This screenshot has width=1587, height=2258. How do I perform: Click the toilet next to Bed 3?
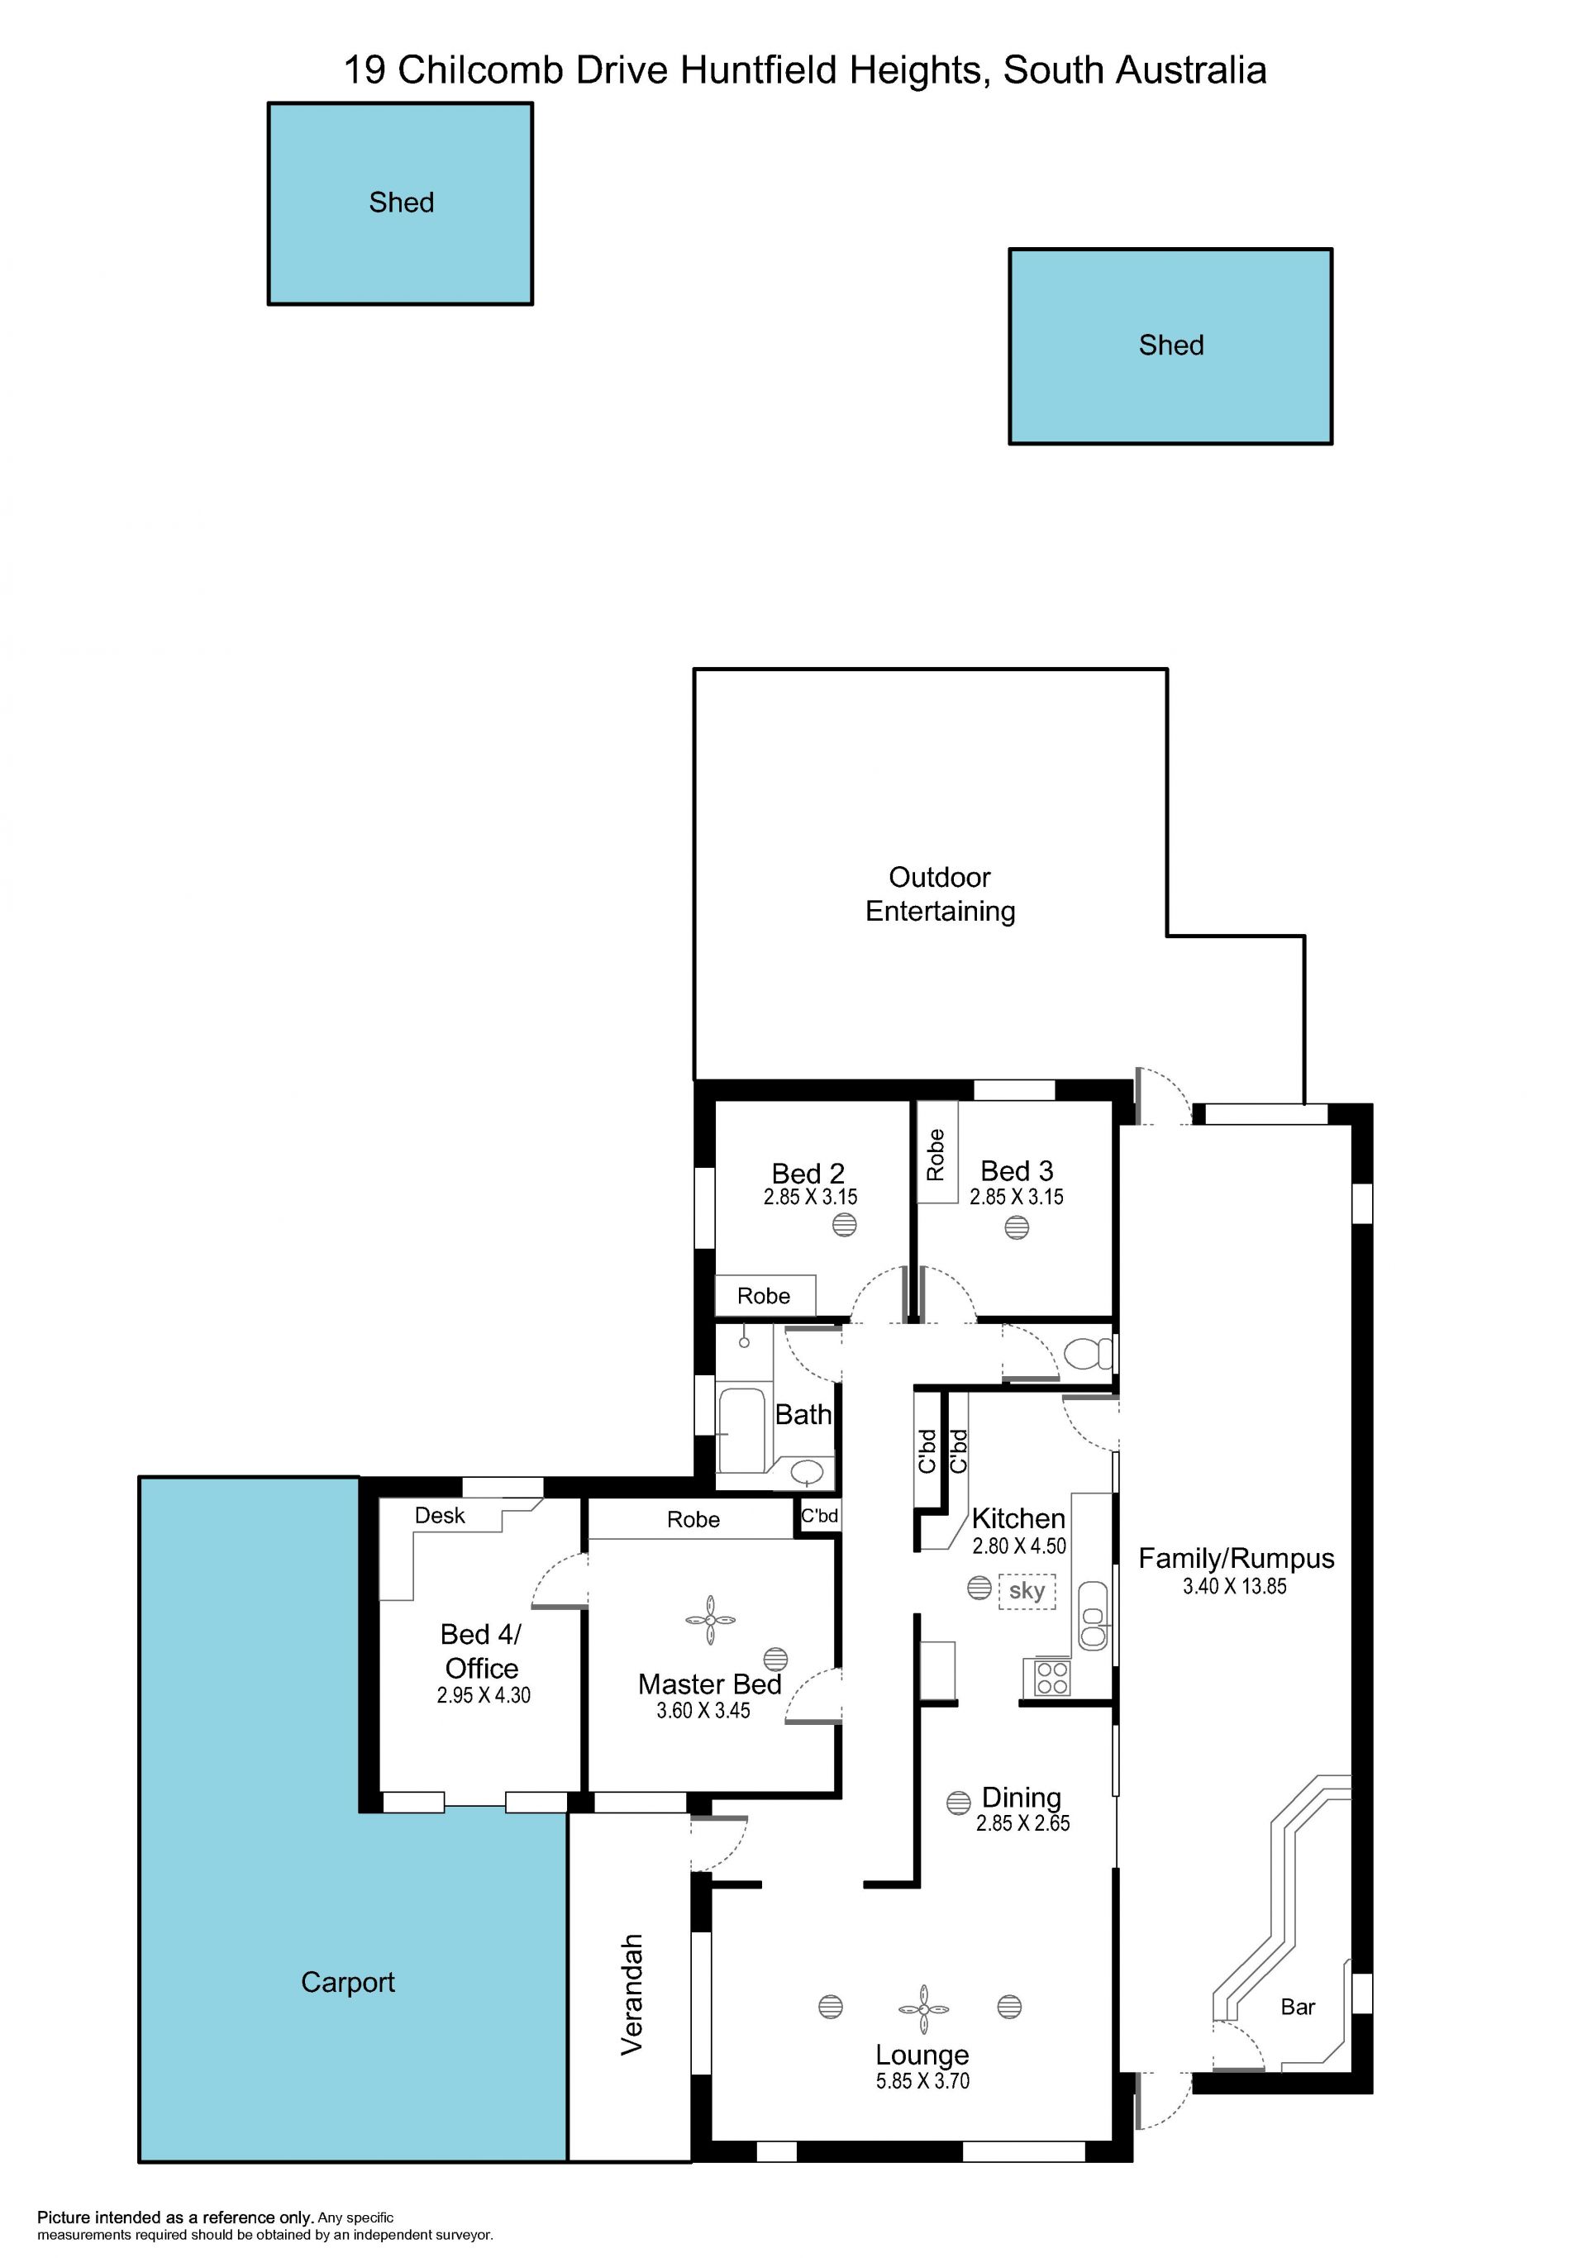(x=1089, y=1354)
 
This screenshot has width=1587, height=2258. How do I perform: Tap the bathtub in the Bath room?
(x=742, y=1429)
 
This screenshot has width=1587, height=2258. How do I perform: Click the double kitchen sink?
(x=1093, y=1615)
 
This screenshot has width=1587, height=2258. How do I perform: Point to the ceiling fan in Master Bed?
(x=710, y=1620)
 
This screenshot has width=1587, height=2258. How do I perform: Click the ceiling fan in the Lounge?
(x=923, y=2008)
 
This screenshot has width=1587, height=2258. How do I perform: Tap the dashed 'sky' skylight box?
(x=1027, y=1591)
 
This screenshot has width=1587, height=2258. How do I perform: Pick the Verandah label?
(x=631, y=1994)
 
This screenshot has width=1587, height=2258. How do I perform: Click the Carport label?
(x=348, y=1983)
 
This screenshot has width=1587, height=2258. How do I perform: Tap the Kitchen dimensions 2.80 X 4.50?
(x=1018, y=1546)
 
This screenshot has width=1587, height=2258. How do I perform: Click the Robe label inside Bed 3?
(x=935, y=1155)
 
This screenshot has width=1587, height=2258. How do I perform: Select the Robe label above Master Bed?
(x=693, y=1519)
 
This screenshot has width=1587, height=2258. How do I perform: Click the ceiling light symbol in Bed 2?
(x=845, y=1224)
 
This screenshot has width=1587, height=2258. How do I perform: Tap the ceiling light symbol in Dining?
(x=959, y=1803)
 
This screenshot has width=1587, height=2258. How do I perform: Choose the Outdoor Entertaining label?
(x=940, y=894)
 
